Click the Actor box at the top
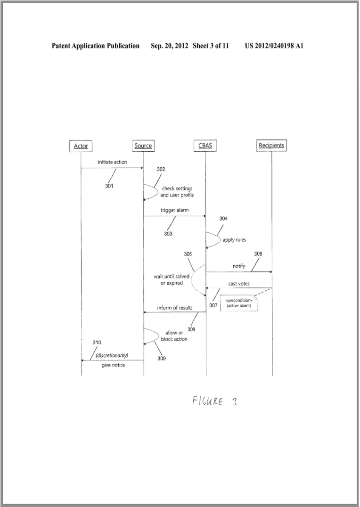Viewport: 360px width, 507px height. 81,146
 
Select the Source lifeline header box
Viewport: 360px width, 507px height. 143,146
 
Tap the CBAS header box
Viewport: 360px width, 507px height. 205,146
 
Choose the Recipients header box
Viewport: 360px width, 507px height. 271,146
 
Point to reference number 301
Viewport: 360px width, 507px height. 109,186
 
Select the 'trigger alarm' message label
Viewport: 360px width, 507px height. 174,210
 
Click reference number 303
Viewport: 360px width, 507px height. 168,234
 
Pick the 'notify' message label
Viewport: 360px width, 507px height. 239,266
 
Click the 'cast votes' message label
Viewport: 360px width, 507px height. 239,283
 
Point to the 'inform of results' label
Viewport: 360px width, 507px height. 175,308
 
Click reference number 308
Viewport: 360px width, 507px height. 191,329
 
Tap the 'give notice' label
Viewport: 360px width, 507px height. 113,365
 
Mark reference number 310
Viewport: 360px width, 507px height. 97,342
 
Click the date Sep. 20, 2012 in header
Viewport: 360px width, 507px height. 170,46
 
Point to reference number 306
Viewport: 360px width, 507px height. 258,253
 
